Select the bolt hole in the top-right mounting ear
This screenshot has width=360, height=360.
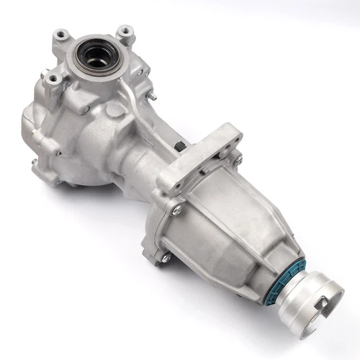coord(127,32)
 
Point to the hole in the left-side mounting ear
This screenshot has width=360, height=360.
coord(53,76)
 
